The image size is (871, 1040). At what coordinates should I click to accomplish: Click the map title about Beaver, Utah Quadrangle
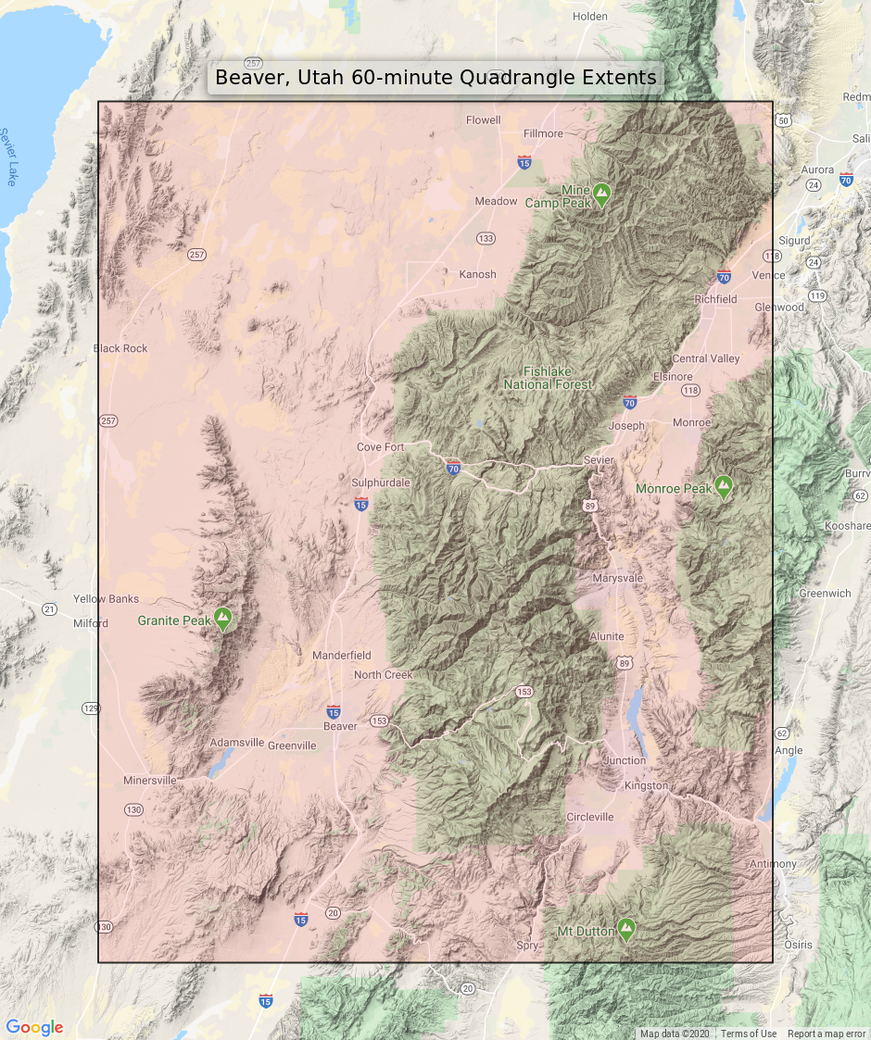click(x=435, y=78)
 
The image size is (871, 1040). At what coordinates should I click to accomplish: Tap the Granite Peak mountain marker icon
click(x=222, y=619)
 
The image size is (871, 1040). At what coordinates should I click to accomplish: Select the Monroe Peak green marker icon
click(x=723, y=486)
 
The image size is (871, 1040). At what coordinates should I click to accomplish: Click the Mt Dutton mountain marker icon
click(x=626, y=929)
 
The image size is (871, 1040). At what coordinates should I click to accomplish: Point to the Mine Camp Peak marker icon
click(x=602, y=194)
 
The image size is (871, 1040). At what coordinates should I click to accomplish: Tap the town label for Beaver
click(x=340, y=727)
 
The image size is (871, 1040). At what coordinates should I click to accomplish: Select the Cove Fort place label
click(x=381, y=447)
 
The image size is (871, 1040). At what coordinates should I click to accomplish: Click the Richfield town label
click(x=716, y=299)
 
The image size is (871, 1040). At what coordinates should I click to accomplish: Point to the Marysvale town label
click(x=617, y=578)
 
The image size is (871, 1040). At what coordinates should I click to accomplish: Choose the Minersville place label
click(x=149, y=781)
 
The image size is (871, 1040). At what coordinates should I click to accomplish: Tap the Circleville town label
click(x=589, y=817)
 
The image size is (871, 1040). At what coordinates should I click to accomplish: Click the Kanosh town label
click(x=477, y=274)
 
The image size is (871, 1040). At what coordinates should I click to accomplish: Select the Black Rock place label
click(x=120, y=348)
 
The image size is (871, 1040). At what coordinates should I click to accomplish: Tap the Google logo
click(x=34, y=1027)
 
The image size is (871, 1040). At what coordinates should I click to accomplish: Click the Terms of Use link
click(x=749, y=1034)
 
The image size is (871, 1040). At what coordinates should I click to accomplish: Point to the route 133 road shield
click(x=486, y=239)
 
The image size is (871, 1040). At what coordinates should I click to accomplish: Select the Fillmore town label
click(x=543, y=133)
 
